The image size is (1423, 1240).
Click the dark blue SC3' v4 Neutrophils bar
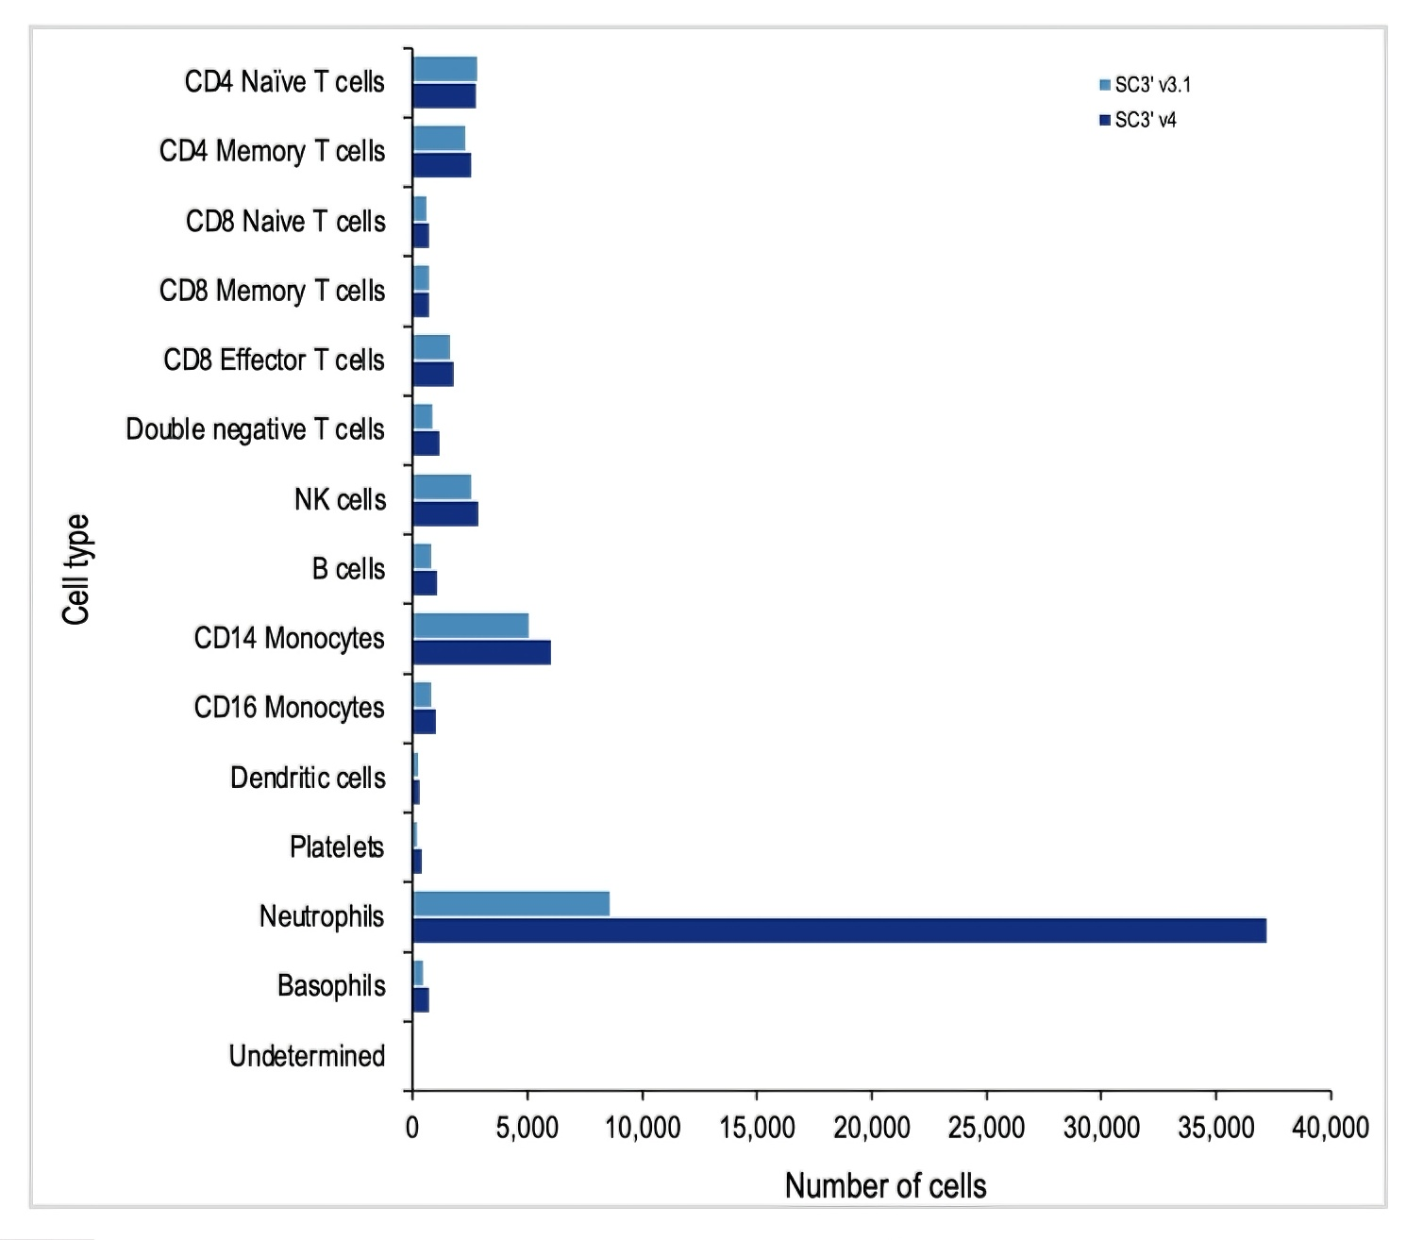tap(840, 930)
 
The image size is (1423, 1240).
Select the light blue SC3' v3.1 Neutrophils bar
tap(511, 903)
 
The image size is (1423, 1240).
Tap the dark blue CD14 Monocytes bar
tap(482, 652)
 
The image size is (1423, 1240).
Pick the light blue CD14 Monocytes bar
tap(471, 626)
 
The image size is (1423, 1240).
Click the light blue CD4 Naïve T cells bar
tap(445, 69)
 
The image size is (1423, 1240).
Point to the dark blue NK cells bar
tap(445, 513)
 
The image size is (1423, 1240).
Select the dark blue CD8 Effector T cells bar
tap(433, 374)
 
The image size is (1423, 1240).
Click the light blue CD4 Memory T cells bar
tap(439, 139)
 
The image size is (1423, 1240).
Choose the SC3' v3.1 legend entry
tap(1145, 85)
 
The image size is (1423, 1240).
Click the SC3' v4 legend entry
tap(1138, 120)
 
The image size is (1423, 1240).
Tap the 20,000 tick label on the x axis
tap(872, 1128)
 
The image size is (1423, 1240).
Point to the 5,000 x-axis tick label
tap(527, 1128)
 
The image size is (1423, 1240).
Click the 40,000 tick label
tap(1331, 1128)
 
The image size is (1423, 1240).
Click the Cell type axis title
tap(75, 569)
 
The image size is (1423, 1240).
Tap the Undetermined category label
tap(307, 1056)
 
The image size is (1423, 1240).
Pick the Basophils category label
tap(331, 986)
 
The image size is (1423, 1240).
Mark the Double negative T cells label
tap(255, 429)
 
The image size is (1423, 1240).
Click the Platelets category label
tap(337, 847)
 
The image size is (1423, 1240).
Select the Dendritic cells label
tap(308, 778)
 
